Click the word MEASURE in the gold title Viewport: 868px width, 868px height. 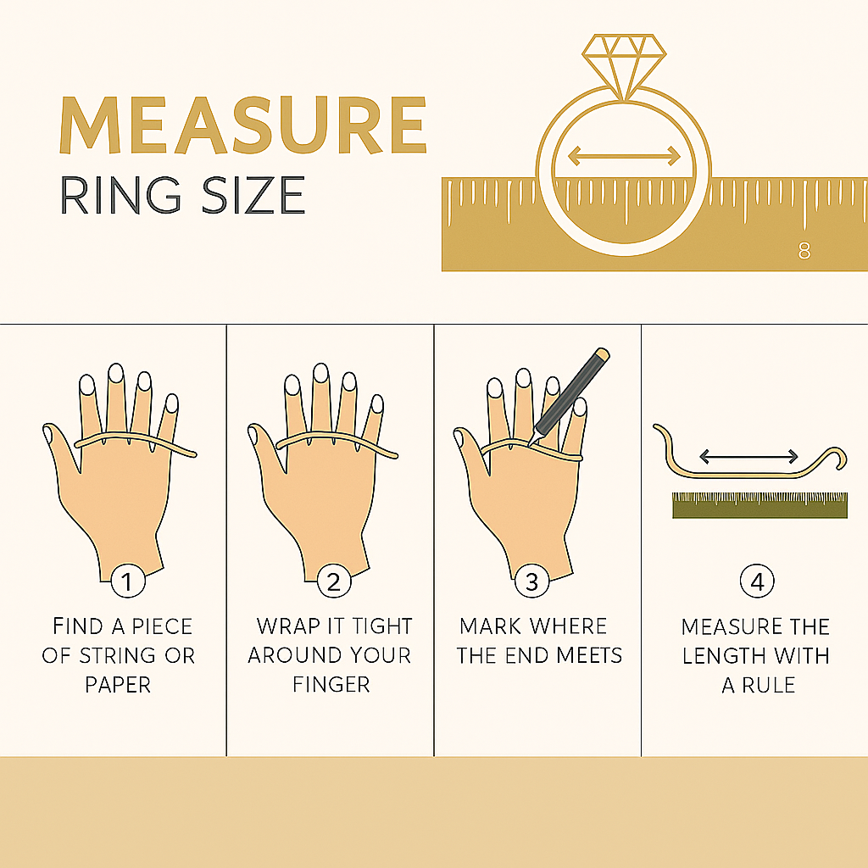[243, 125]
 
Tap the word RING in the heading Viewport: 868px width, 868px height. [120, 195]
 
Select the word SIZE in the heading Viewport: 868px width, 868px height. [253, 195]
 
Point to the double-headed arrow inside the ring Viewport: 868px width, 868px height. [624, 156]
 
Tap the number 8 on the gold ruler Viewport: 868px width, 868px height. [804, 251]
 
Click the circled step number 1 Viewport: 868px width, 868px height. [128, 581]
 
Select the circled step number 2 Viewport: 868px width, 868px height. [334, 581]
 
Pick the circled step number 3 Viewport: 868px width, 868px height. [532, 581]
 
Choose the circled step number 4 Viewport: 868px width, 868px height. [757, 581]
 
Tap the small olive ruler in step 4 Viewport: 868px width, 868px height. [759, 505]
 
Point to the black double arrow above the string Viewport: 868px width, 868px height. [749, 457]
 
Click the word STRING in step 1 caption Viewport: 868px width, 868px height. [117, 655]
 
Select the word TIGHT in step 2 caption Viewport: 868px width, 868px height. [382, 626]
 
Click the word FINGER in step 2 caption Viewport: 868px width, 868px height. [331, 685]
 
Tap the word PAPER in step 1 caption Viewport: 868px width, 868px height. [117, 685]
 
